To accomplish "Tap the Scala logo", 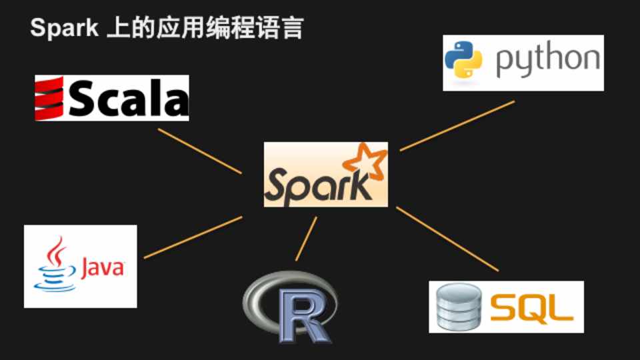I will [112, 98].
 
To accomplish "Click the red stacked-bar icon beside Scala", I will [49, 99].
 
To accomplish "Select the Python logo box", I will [523, 63].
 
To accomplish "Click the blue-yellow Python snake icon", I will [464, 61].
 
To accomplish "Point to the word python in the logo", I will [547, 61].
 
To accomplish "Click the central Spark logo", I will [325, 175].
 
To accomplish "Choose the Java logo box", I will [80, 266].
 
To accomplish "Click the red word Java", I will [103, 269].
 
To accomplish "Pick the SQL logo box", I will [506, 307].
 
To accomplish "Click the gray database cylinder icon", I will [459, 307].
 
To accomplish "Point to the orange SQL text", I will [531, 308].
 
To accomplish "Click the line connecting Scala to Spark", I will [199, 151].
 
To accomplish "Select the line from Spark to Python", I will [457, 126].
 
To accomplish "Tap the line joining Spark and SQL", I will [447, 239].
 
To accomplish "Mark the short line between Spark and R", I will [306, 239].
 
